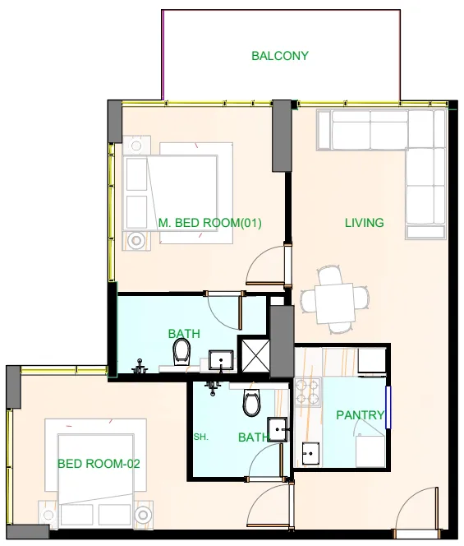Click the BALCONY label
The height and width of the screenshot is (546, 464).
click(280, 56)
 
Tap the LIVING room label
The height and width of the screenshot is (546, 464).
click(364, 223)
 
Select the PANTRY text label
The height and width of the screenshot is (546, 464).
click(360, 415)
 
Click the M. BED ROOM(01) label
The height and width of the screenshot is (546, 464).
click(209, 223)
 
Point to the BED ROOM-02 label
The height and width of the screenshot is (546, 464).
click(99, 464)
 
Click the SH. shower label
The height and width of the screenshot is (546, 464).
click(201, 437)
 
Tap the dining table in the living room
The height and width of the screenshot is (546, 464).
click(335, 298)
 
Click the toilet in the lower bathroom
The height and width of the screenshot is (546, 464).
click(251, 404)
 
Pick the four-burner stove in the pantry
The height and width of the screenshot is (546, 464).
click(308, 392)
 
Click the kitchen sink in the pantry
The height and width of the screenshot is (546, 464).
click(311, 453)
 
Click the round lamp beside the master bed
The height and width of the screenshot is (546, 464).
click(135, 240)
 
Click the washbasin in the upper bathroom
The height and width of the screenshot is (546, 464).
click(219, 359)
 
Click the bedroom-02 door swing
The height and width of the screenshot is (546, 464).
click(272, 505)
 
